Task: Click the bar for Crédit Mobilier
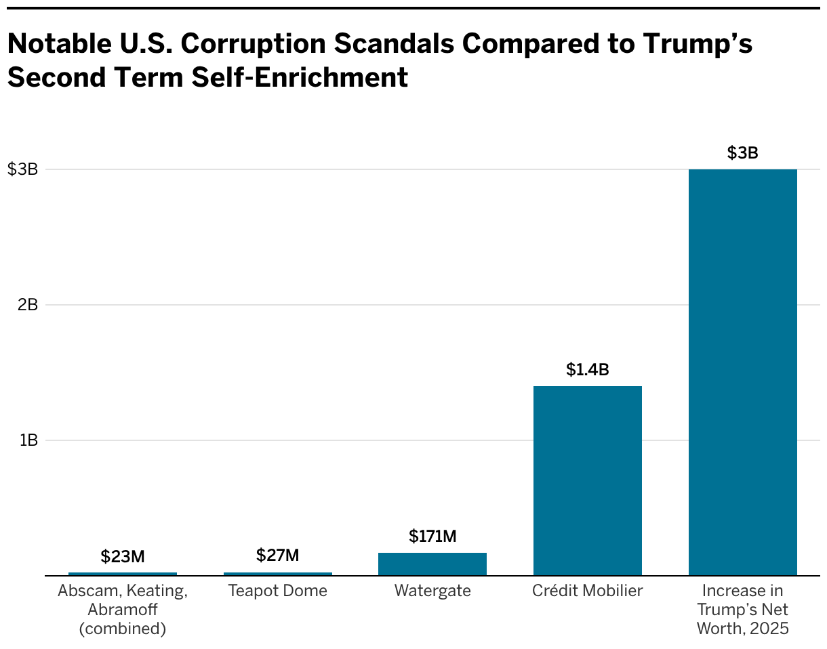coord(587,480)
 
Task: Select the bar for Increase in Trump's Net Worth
coord(742,372)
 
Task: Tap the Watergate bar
coord(432,564)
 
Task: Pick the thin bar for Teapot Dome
coord(277,574)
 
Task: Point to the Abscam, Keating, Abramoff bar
coord(123,574)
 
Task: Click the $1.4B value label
coord(587,370)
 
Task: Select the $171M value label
coord(432,537)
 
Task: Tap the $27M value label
coord(277,556)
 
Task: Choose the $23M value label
coord(123,557)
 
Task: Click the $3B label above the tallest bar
coord(742,153)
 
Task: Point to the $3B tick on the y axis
coord(22,169)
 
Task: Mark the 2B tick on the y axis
coord(28,305)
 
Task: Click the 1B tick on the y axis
coord(28,440)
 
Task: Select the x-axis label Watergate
coord(432,591)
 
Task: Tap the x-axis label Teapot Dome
coord(277,591)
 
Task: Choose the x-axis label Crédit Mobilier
coord(587,591)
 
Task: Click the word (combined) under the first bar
coord(123,629)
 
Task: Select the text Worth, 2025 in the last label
coord(742,629)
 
